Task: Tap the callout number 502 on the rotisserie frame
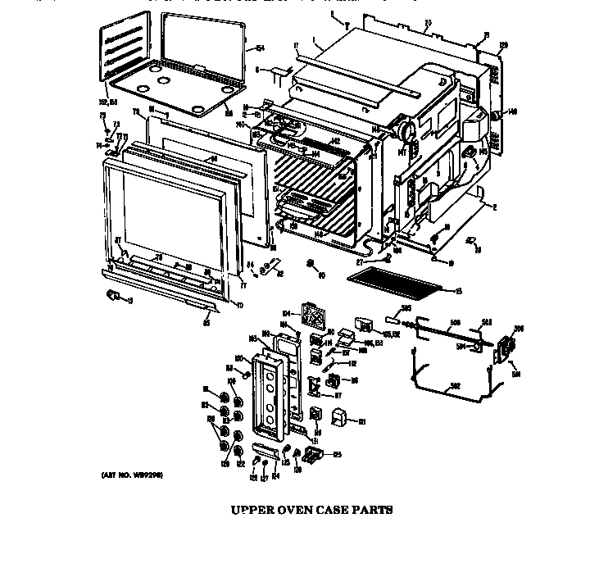[x=455, y=385]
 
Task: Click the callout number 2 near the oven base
[x=495, y=207]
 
